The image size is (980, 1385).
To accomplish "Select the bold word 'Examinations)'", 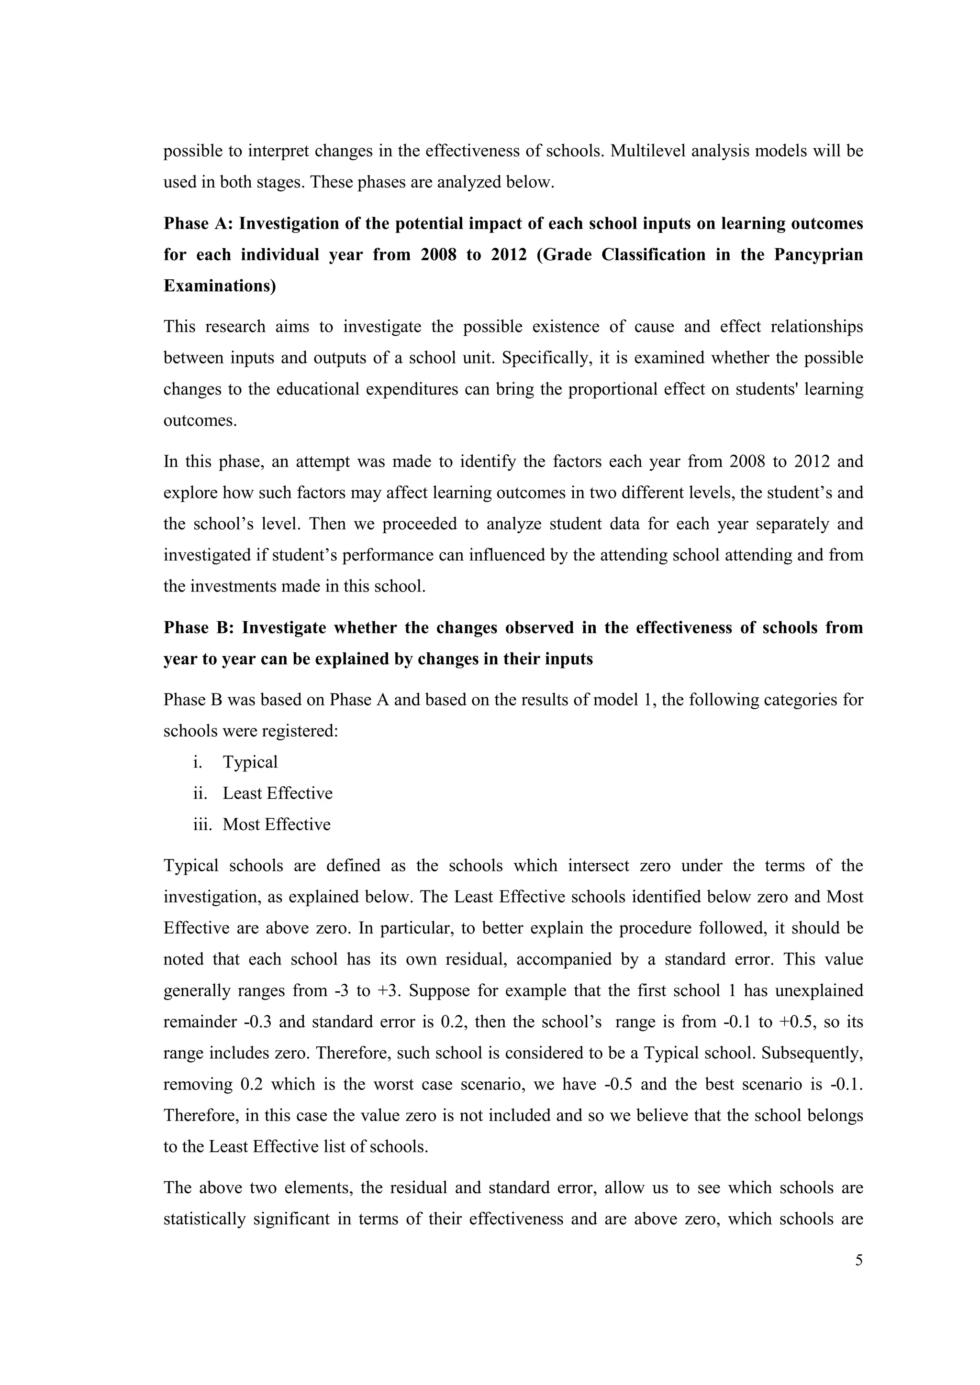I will point(220,286).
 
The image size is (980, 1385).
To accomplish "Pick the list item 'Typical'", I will point(250,762).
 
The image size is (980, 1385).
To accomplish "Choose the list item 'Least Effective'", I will point(277,793).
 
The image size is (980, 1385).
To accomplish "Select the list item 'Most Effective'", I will point(277,824).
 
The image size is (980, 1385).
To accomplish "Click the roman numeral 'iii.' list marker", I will point(202,824).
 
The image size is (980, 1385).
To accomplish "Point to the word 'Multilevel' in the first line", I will point(647,151).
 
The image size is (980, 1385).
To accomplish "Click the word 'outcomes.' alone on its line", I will point(200,420).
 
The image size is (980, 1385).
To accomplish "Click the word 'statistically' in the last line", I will point(203,1219).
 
